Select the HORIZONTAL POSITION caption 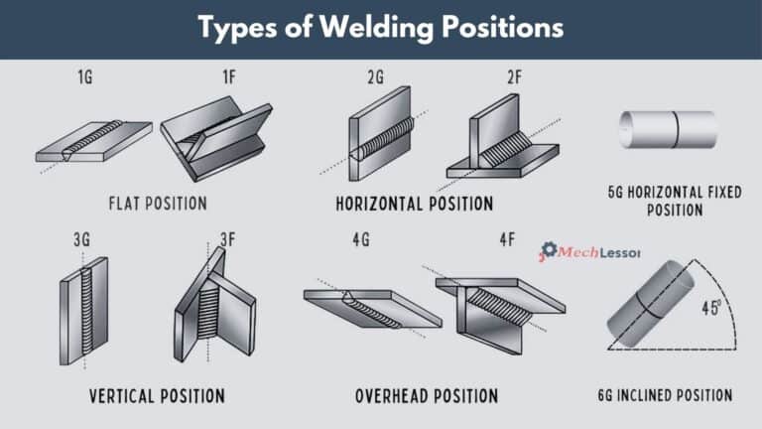pos(414,204)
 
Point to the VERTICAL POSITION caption pos(157,395)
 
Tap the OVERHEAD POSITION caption pos(426,395)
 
